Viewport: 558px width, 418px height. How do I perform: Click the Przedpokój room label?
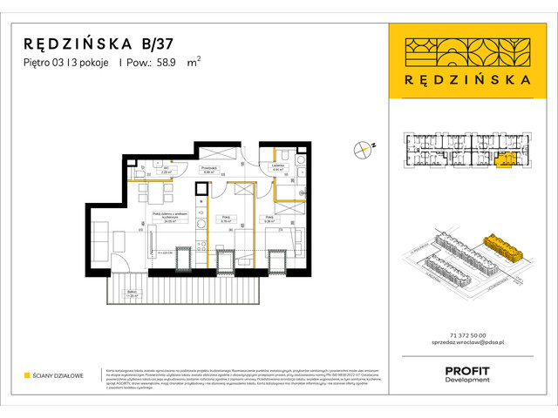click(208, 170)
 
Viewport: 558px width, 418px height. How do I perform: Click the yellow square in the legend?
click(26, 375)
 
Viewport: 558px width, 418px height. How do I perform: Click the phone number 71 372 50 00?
click(465, 335)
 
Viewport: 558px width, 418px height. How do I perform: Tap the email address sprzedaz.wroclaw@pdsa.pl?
click(465, 345)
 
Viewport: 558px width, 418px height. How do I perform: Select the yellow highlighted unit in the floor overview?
click(503, 159)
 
